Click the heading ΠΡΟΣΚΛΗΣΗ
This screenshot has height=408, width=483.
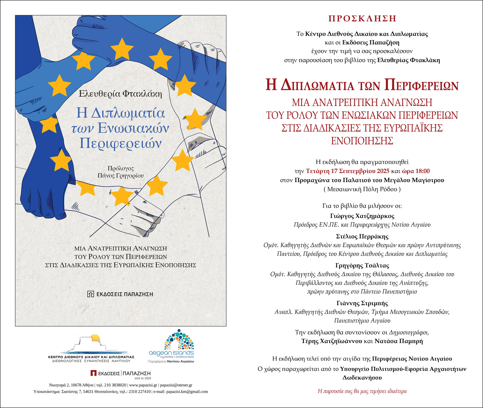click(x=362, y=18)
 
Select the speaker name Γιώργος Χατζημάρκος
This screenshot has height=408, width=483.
click(x=362, y=216)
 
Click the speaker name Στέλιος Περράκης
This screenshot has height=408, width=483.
click(x=362, y=236)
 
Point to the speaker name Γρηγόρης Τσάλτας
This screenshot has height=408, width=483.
click(x=362, y=265)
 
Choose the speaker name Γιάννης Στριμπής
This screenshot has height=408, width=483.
click(x=362, y=303)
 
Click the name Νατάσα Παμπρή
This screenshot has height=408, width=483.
click(x=399, y=341)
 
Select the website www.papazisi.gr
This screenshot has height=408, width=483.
click(x=143, y=385)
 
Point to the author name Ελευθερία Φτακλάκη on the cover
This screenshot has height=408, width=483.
click(x=120, y=94)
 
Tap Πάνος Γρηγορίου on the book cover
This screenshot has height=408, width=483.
click(x=121, y=176)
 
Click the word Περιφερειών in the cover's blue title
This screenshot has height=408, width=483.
click(x=120, y=143)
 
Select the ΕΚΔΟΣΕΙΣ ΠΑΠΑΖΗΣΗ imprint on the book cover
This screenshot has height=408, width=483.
click(x=120, y=294)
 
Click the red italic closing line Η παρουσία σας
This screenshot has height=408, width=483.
click(x=362, y=391)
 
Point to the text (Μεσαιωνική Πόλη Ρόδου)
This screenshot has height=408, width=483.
click(x=362, y=189)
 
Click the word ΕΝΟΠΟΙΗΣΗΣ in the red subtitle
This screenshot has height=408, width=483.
click(x=362, y=141)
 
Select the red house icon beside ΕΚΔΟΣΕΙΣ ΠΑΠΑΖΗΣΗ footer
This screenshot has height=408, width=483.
click(x=93, y=373)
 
